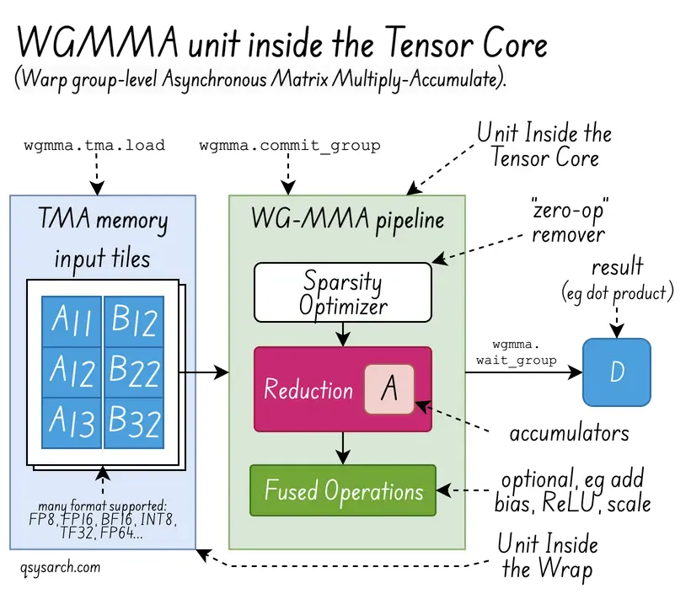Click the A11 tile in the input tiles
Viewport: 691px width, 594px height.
pyautogui.click(x=72, y=321)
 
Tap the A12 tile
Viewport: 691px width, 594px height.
pyautogui.click(x=72, y=372)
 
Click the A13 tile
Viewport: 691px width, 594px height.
pyautogui.click(x=72, y=422)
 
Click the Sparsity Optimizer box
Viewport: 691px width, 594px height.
pyautogui.click(x=342, y=292)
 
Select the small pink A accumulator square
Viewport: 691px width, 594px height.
pyautogui.click(x=389, y=389)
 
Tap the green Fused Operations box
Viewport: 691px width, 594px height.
pyautogui.click(x=342, y=490)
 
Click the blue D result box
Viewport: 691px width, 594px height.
pyautogui.click(x=617, y=372)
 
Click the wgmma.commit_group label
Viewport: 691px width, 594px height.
pyautogui.click(x=290, y=145)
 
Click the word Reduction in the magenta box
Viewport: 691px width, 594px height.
pyautogui.click(x=308, y=390)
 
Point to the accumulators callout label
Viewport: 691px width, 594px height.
pyautogui.click(x=569, y=433)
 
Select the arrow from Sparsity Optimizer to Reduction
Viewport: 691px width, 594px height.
pyautogui.click(x=342, y=334)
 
